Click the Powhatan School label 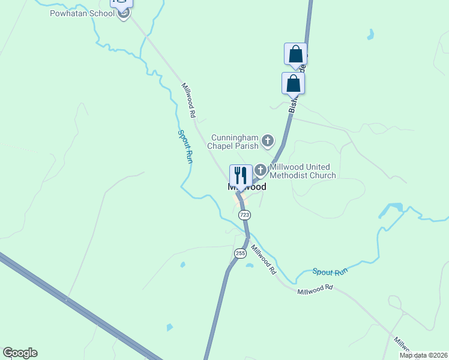pyautogui.click(x=82, y=13)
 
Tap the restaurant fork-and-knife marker pyautogui.click(x=241, y=176)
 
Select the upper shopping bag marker pyautogui.click(x=295, y=54)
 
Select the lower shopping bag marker pyautogui.click(x=293, y=83)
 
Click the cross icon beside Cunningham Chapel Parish pyautogui.click(x=267, y=142)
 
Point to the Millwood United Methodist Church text pyautogui.click(x=303, y=171)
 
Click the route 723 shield pyautogui.click(x=244, y=215)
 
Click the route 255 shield pyautogui.click(x=240, y=253)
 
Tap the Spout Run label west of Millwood pyautogui.click(x=185, y=147)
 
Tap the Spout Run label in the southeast pyautogui.click(x=330, y=272)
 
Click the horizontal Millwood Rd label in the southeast pyautogui.click(x=315, y=289)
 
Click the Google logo pyautogui.click(x=20, y=353)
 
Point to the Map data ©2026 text pyautogui.click(x=423, y=355)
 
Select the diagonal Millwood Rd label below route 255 pyautogui.click(x=264, y=259)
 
